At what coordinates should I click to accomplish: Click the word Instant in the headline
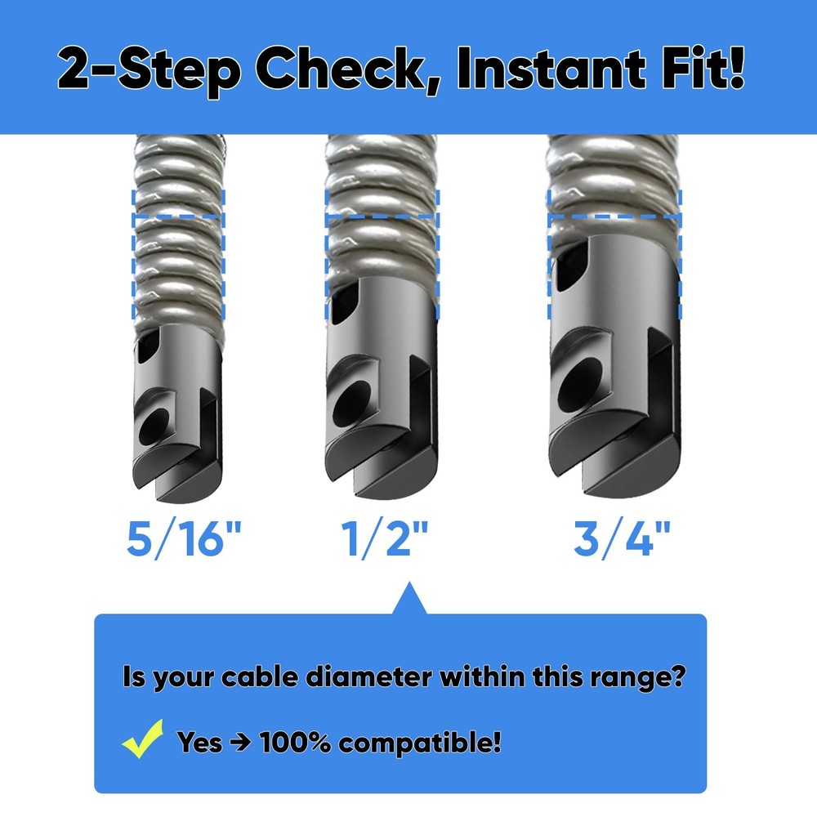point(555,69)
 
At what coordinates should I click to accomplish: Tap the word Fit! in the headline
point(705,69)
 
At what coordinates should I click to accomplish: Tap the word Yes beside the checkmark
point(199,743)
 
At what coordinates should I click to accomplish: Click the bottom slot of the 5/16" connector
point(155,490)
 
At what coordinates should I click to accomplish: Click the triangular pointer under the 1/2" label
point(408,600)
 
